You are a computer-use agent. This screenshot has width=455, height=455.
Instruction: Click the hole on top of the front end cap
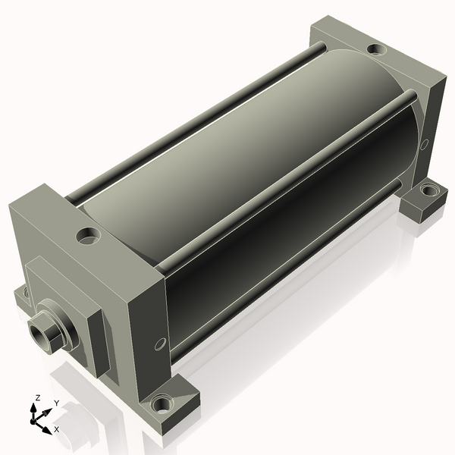pyautogui.click(x=88, y=236)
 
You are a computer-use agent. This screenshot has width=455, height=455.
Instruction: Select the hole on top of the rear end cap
pyautogui.click(x=377, y=49)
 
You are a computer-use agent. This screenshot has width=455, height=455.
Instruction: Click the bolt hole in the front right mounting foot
pyautogui.click(x=162, y=404)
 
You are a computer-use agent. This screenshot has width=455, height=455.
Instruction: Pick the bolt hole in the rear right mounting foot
pyautogui.click(x=429, y=190)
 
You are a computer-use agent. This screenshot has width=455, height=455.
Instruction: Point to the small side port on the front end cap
pyautogui.click(x=160, y=344)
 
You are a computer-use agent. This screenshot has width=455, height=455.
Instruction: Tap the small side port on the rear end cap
pyautogui.click(x=424, y=144)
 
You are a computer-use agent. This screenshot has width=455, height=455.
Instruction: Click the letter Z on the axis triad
pyautogui.click(x=37, y=398)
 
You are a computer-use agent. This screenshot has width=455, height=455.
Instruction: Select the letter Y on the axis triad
pyautogui.click(x=57, y=403)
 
